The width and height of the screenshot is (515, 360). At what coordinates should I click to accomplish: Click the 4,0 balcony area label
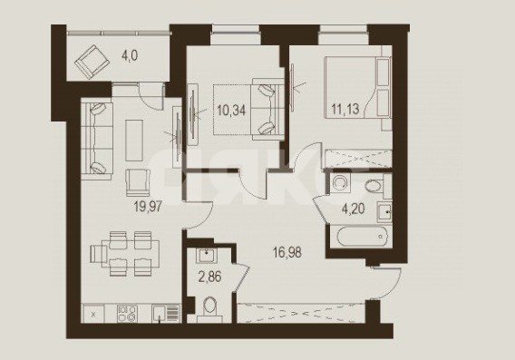(130, 56)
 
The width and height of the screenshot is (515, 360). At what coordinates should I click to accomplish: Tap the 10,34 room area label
(231, 111)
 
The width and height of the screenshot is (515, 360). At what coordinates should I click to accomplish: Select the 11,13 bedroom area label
(345, 109)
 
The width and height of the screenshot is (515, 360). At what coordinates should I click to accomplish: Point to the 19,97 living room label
(148, 207)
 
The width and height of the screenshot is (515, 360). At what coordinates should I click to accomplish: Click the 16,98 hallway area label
(287, 253)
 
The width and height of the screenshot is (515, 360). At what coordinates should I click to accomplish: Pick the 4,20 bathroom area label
(354, 209)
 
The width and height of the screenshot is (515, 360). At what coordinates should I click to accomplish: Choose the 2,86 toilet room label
(209, 277)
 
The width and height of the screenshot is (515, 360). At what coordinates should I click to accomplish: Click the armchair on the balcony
(92, 62)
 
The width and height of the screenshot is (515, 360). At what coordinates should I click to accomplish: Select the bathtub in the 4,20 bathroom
(359, 237)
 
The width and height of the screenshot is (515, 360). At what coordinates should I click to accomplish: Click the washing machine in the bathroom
(337, 183)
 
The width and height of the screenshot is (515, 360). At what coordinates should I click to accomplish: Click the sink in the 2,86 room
(206, 256)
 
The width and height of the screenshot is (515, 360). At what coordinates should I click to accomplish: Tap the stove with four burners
(127, 313)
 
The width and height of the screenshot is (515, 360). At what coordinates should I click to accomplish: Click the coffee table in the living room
(134, 141)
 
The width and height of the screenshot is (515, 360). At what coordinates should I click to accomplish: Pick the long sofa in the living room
(97, 141)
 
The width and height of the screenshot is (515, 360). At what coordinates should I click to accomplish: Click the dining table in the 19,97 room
(130, 254)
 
